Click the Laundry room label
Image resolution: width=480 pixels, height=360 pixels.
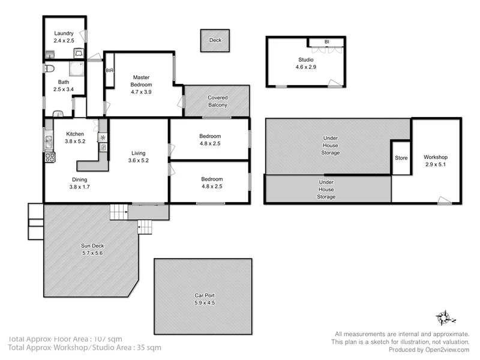64,34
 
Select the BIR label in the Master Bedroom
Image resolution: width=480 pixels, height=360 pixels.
109,71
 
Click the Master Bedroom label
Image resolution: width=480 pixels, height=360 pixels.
142,77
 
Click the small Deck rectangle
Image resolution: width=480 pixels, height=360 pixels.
215,41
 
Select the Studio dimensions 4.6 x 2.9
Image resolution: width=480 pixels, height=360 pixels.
305,68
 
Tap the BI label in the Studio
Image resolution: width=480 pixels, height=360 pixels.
326,42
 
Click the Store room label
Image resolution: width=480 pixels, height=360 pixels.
401,158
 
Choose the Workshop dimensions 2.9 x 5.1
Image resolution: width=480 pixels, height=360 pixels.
436,164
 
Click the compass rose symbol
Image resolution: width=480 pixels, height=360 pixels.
445,316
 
